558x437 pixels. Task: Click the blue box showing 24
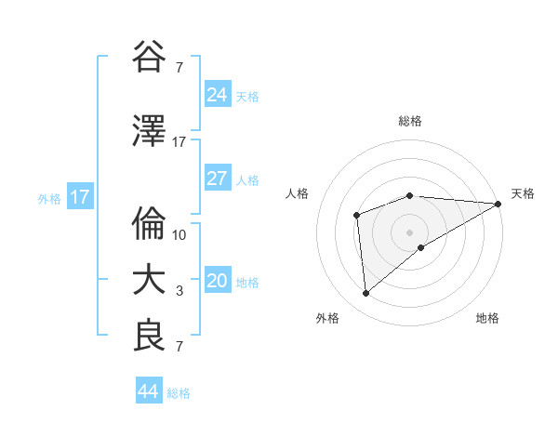(217, 94)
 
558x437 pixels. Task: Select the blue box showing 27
(217, 179)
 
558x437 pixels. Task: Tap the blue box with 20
(217, 281)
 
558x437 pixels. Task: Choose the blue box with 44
(149, 391)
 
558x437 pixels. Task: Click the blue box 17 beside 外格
(79, 197)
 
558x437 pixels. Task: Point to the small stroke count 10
(179, 234)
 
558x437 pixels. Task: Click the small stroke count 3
(179, 291)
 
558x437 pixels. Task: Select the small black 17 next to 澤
(179, 142)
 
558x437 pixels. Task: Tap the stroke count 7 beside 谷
(179, 68)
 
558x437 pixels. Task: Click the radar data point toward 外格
(366, 293)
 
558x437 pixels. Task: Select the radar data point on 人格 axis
(356, 216)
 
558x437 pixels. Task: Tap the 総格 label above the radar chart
(410, 122)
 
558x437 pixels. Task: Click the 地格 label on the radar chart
(487, 319)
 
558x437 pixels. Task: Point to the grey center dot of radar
(409, 232)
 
